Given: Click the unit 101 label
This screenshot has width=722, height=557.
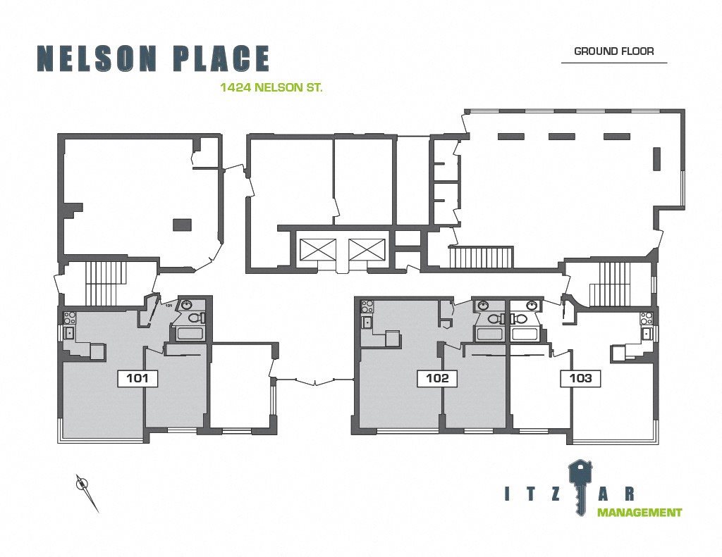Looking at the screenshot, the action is pos(137,378).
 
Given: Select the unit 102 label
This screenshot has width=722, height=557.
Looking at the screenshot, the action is pos(437,378).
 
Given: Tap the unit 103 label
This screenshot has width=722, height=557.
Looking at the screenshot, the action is pos(580,378).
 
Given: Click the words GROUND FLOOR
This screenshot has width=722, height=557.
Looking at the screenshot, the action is pos(614,51).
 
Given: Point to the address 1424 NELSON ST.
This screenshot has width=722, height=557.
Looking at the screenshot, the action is pos(271,87).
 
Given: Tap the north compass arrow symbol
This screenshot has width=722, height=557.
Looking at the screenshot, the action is pos(86,492).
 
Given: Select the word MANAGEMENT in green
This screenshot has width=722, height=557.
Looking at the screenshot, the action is pos(639,513).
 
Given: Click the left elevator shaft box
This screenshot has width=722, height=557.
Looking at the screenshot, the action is pos(318,250).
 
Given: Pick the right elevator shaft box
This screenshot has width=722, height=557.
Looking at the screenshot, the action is pos(367,250).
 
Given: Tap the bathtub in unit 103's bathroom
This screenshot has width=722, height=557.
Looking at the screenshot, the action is pos(525,333).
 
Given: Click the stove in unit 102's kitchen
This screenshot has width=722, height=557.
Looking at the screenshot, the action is pos(368,306).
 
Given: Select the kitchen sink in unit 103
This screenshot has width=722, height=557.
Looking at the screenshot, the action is pos(646,334).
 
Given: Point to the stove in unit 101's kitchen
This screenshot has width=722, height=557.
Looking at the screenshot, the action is pos(70,317).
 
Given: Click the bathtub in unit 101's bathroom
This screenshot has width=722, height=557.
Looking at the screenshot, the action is pos(190,333).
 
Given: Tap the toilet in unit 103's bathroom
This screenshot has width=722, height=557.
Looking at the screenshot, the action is pos(518,318).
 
